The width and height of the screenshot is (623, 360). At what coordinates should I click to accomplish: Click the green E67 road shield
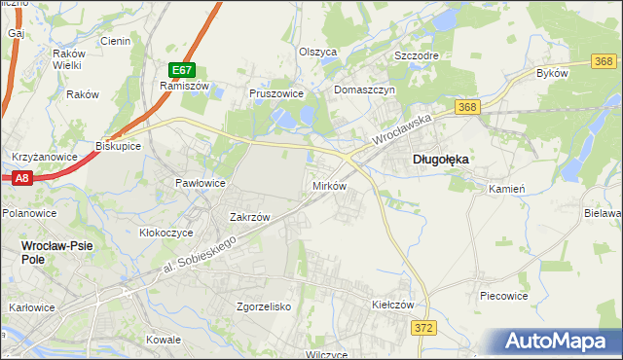182,70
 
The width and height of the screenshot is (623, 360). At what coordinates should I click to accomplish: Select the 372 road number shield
422,330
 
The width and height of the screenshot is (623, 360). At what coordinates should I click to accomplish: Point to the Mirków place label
329,185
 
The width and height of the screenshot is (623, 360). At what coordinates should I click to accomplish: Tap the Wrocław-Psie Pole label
57,247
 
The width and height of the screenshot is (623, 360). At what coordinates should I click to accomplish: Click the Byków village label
553,74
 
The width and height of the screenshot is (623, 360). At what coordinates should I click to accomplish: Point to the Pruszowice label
277,93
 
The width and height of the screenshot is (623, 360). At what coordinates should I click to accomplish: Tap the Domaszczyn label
364,90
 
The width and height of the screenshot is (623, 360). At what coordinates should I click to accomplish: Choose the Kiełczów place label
393,305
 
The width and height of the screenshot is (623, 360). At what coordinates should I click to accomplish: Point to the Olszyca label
317,52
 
